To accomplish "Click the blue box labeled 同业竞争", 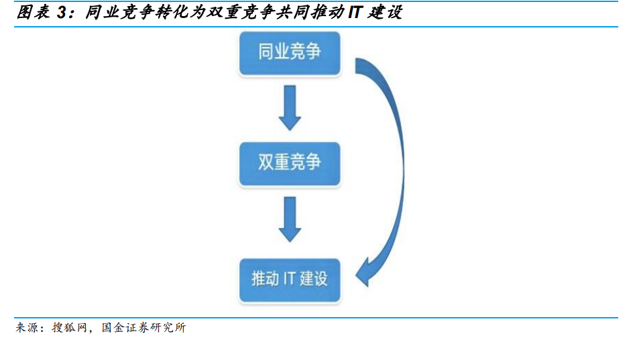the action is pos(290,53).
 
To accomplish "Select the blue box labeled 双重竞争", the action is pos(290,164).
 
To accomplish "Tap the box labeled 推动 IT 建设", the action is pos(290,280).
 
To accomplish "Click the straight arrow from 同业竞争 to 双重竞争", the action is pos(290,108).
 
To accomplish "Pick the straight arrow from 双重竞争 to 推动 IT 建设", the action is pos(290,219).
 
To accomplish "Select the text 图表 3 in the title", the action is pos(41,12).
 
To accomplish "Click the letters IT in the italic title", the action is pos(355,12).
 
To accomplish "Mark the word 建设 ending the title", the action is pos(385,12).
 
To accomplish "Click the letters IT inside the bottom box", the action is pos(290,279).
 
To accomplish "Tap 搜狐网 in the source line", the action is pos(69,327).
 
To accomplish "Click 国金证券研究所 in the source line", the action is pos(143,327).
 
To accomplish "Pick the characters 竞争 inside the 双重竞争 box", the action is pos(305,162).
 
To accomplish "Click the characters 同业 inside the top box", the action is pos(274,52).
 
